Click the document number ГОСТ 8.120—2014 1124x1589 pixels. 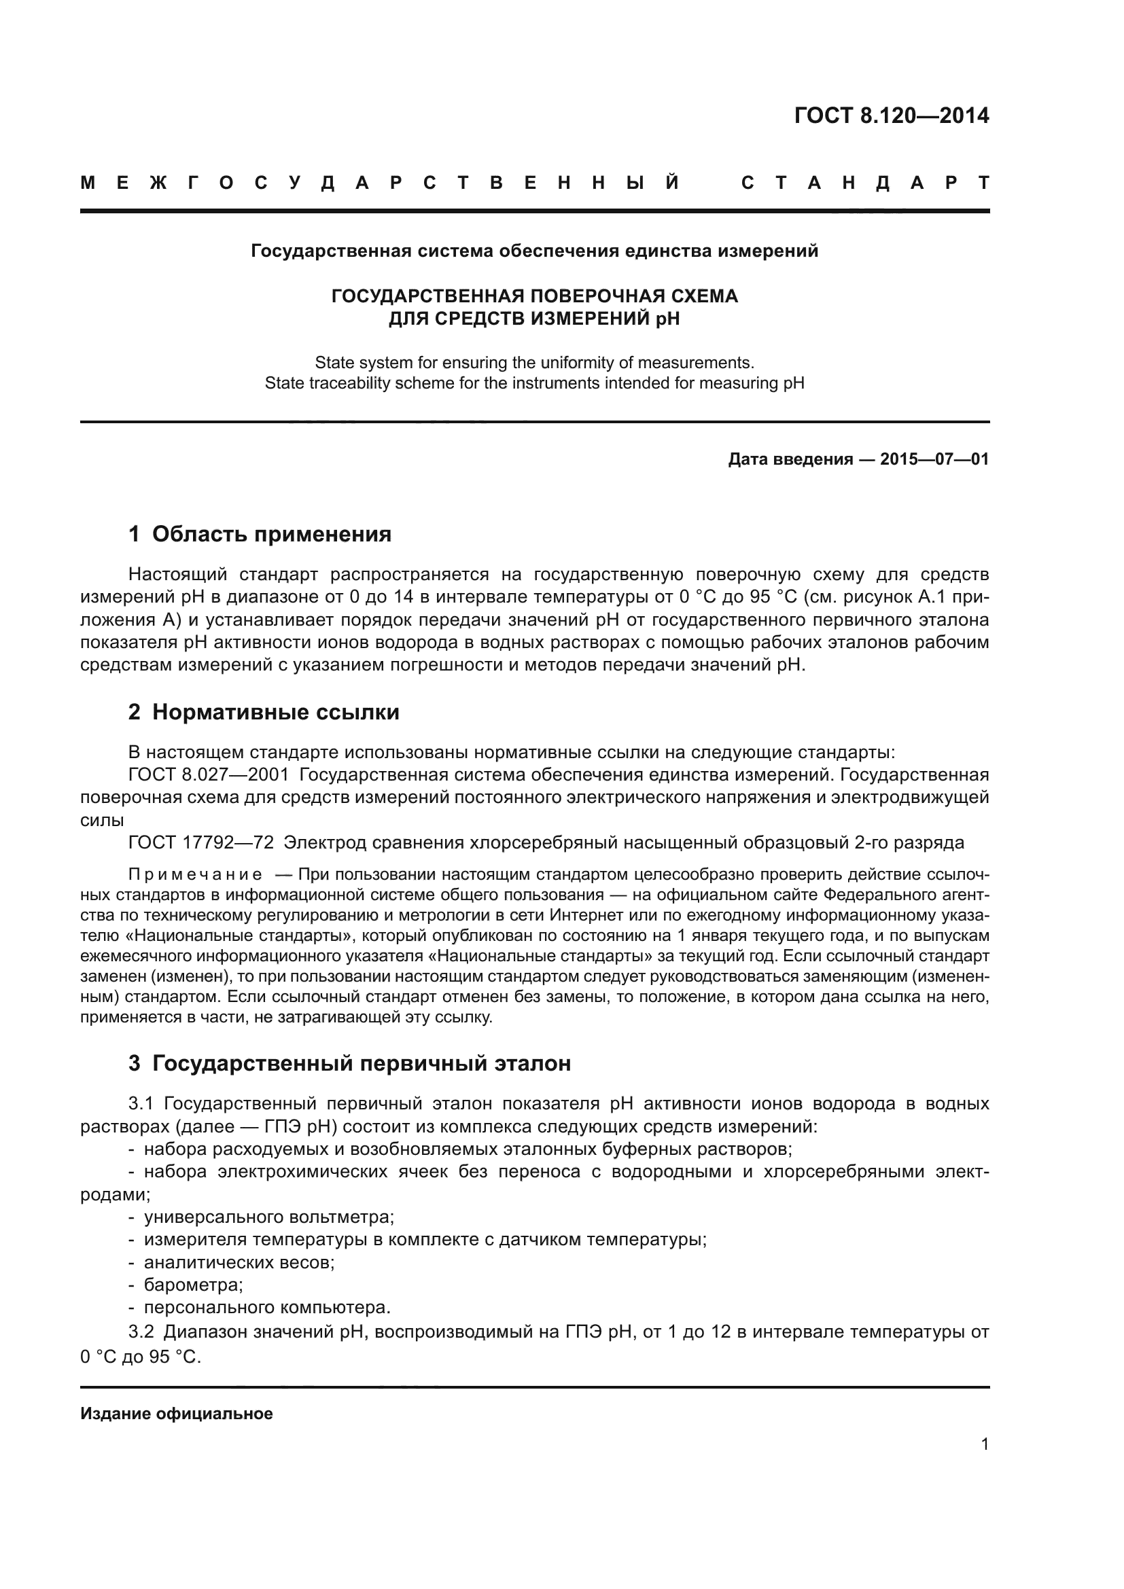892,115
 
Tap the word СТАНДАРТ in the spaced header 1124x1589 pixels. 865,183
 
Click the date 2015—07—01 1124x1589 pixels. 934,459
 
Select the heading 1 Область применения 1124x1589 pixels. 260,533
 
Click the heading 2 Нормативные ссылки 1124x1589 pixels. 264,712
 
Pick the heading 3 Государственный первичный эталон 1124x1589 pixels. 349,1063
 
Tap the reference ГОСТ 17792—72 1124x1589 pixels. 201,843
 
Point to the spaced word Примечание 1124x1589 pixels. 195,875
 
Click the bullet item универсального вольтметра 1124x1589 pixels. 268,1217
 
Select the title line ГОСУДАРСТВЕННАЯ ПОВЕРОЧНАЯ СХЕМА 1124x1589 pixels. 534,296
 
